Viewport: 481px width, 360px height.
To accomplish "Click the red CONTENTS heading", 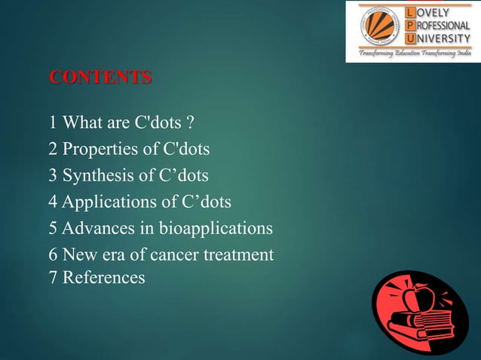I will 100,78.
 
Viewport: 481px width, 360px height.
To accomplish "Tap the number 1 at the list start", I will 53,122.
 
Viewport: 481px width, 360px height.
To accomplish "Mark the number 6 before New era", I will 53,255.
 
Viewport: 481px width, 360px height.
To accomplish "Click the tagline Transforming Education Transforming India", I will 412,55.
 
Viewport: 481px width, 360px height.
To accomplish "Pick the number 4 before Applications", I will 53,202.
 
